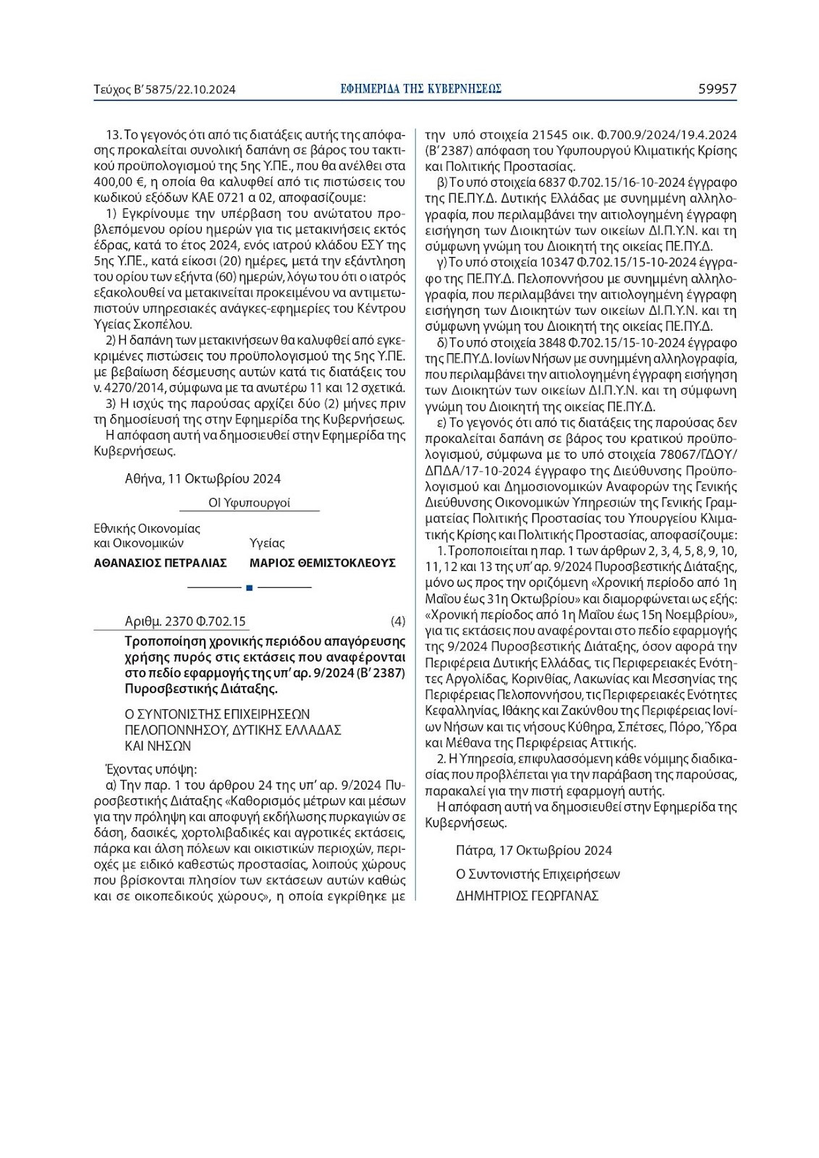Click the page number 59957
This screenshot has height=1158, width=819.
[x=717, y=89]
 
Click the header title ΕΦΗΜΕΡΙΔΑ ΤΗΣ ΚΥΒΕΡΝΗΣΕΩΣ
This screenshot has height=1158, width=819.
[x=422, y=89]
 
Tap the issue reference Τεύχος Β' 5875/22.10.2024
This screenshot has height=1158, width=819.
[x=165, y=90]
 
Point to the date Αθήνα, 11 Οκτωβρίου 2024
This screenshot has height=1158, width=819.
[x=203, y=478]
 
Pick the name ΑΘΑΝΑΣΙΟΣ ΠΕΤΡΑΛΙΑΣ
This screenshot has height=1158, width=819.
[x=161, y=562]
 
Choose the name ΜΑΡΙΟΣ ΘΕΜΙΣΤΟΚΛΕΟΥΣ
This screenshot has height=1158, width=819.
[x=322, y=562]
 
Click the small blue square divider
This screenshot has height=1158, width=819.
[x=249, y=587]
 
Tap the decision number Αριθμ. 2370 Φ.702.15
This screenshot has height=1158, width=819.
[x=185, y=621]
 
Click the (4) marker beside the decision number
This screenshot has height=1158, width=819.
[x=397, y=621]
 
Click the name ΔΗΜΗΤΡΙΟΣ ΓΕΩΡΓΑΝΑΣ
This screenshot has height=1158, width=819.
[x=527, y=895]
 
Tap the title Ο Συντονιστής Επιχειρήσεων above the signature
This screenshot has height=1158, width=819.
[x=538, y=874]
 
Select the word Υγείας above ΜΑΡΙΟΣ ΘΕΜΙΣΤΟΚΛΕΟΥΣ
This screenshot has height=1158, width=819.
[x=267, y=543]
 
